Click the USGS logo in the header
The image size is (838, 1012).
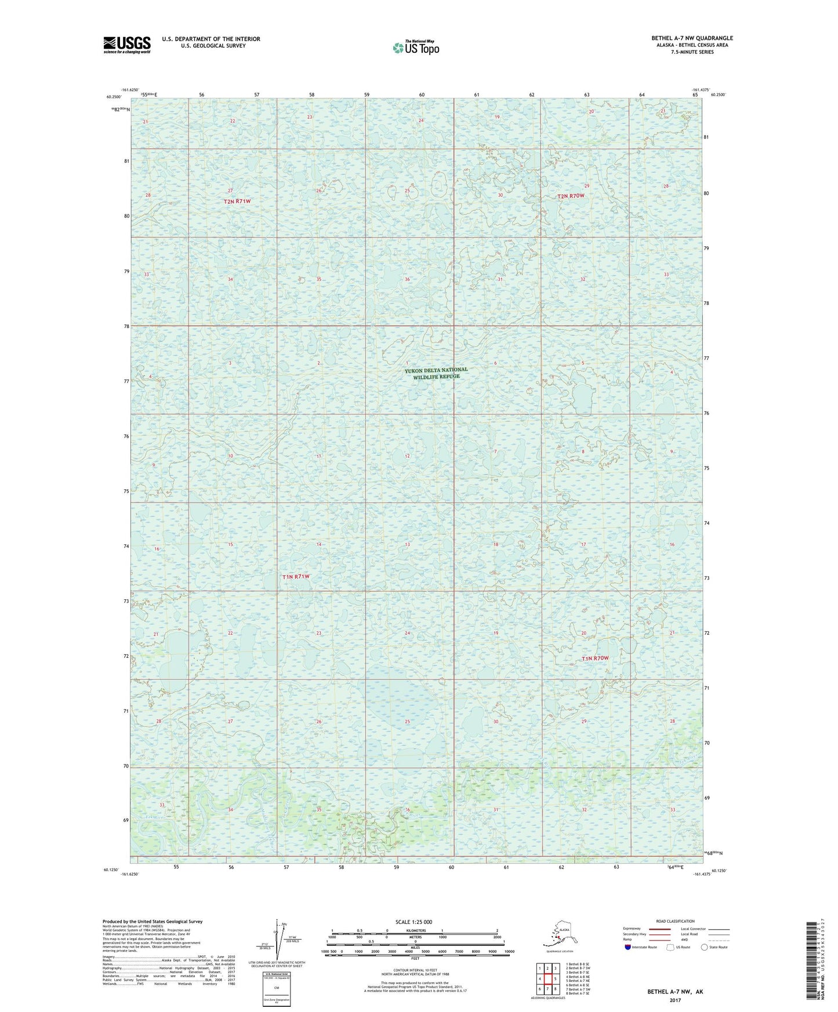coord(126,45)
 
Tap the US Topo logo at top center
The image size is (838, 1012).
coord(415,47)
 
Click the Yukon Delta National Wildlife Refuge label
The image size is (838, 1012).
coord(436,373)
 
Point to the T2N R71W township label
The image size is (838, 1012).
coord(238,201)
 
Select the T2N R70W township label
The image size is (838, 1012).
coord(571,196)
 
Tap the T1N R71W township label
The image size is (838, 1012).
coord(296,577)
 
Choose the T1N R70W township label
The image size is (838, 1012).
coord(595,658)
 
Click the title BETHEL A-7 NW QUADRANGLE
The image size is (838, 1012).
coord(692,38)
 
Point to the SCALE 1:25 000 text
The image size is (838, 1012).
coord(414,922)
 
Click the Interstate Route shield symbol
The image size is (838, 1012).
coord(627,947)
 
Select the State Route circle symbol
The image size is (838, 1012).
coord(705,947)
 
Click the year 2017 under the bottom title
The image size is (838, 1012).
coord(674,1000)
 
